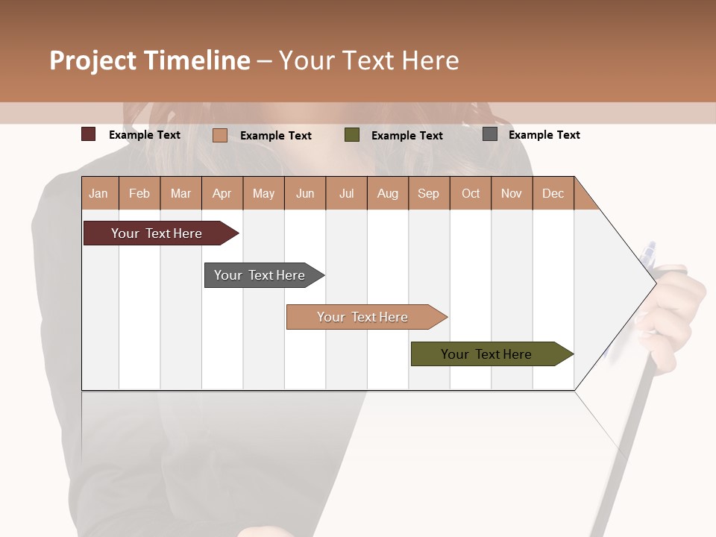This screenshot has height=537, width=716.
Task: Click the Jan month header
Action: click(x=98, y=194)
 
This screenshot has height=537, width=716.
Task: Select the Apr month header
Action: click(x=222, y=194)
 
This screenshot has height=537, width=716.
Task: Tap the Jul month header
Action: click(x=346, y=194)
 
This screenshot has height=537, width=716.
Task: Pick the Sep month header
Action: click(x=428, y=194)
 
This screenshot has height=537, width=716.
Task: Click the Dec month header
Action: click(x=553, y=194)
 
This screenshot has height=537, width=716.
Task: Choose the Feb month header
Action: click(x=139, y=194)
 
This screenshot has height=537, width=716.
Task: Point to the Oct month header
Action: click(x=471, y=194)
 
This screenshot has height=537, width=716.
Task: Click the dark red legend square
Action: click(x=89, y=134)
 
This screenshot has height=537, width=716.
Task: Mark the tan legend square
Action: click(x=220, y=135)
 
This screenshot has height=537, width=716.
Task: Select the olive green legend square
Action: click(x=352, y=134)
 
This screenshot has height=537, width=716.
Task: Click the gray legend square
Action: click(x=490, y=134)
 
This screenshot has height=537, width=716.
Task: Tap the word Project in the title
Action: click(x=92, y=61)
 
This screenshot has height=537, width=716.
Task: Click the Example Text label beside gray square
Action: click(x=544, y=135)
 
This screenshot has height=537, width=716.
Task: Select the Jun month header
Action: click(x=305, y=194)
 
